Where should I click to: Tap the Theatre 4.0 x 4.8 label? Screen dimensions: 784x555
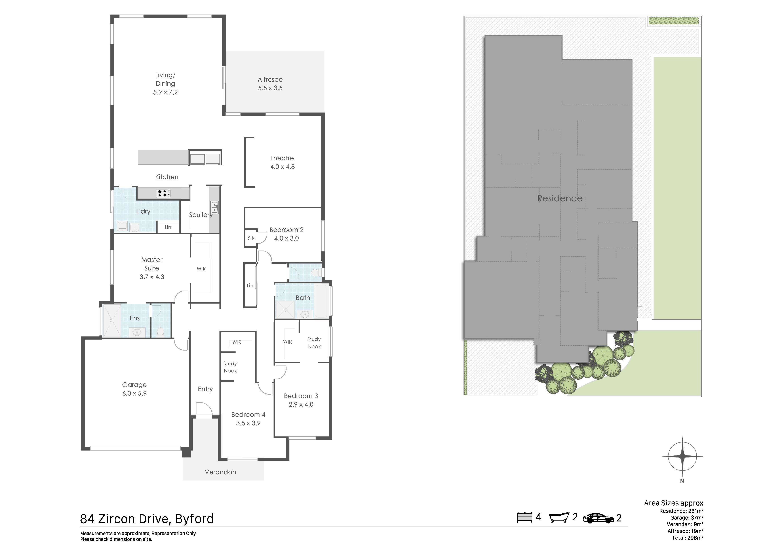(x=282, y=162)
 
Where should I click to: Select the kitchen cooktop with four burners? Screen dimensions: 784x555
(x=164, y=194)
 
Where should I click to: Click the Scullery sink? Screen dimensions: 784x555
(x=215, y=207)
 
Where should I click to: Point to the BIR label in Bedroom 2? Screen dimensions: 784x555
(x=251, y=238)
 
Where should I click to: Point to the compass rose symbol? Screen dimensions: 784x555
(x=682, y=456)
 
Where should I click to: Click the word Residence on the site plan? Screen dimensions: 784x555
(x=560, y=198)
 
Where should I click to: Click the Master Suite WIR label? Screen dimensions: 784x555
(x=201, y=269)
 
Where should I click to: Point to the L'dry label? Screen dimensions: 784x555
(x=143, y=211)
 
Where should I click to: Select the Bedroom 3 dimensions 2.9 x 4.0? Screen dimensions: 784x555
(x=301, y=404)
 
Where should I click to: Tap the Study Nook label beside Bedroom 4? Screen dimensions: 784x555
(x=230, y=367)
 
